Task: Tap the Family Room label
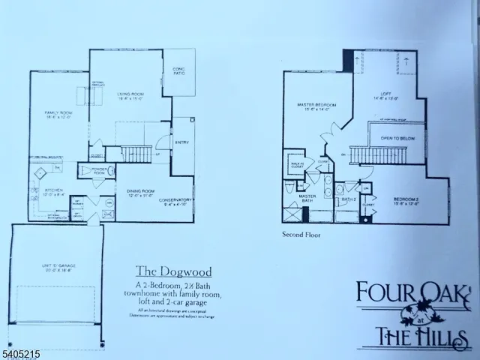57,115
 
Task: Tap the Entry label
183,142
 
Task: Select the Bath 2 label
346,199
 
